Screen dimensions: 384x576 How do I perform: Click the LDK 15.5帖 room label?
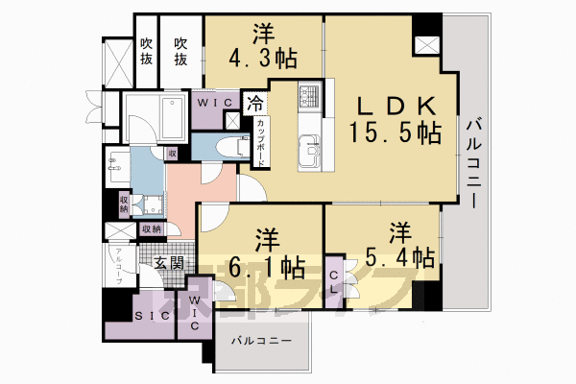tap(399, 118)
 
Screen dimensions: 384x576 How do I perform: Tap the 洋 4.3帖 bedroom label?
tap(262, 45)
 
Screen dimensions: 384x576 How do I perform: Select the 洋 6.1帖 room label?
tap(262, 252)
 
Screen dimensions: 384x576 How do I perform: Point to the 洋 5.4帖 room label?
tap(397, 245)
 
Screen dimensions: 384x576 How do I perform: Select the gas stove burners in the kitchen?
tap(309, 96)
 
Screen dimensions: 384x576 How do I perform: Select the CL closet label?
tap(334, 278)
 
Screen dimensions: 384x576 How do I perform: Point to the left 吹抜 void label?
tap(146, 50)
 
